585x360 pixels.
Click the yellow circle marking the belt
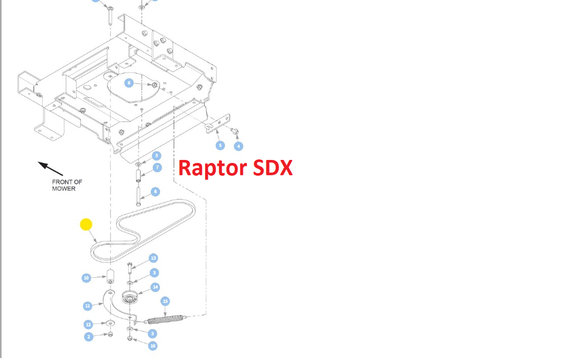click(86, 224)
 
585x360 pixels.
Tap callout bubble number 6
click(129, 83)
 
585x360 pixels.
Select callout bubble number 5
click(220, 146)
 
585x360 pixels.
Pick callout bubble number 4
click(238, 146)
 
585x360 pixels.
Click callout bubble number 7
click(157, 167)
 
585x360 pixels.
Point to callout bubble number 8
click(155, 191)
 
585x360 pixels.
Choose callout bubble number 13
click(153, 258)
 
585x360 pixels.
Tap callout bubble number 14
click(155, 287)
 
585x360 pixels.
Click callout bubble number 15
click(165, 301)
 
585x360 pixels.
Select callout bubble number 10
click(86, 278)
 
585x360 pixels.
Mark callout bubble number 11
click(87, 306)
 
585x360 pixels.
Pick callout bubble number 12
click(89, 324)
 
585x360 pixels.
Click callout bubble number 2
click(89, 337)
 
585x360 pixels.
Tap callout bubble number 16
click(153, 346)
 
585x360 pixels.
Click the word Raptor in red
click(211, 167)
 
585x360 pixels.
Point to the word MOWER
click(63, 189)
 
